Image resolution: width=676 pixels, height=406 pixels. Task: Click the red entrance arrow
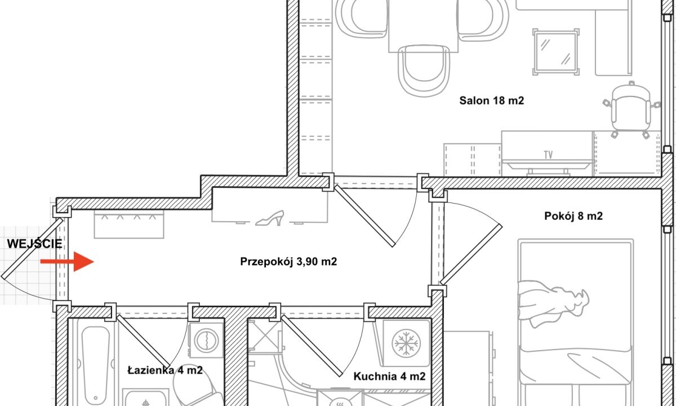(67, 262)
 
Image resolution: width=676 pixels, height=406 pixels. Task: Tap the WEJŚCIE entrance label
(35, 244)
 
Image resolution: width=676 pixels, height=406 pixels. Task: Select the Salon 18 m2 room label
(492, 100)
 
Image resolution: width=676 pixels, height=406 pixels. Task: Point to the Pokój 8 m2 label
(573, 216)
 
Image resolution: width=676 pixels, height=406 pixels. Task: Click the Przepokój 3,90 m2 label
(288, 262)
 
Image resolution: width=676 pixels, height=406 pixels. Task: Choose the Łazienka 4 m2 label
(165, 370)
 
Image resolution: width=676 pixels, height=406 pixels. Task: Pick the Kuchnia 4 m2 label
(390, 377)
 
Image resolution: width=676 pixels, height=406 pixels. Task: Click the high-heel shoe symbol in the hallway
(270, 218)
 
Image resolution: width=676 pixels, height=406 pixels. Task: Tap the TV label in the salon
(548, 155)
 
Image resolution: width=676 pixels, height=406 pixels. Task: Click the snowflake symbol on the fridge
(406, 343)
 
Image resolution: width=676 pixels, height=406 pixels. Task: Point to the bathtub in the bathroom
(96, 363)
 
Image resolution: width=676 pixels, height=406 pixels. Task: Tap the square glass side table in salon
(556, 52)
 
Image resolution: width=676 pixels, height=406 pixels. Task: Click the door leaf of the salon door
(364, 217)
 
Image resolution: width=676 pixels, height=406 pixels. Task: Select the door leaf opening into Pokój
(471, 255)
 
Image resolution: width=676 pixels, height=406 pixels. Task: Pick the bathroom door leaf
(143, 342)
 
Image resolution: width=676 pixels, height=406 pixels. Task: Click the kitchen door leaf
(312, 346)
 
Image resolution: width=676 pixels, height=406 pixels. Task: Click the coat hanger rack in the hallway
(129, 224)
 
